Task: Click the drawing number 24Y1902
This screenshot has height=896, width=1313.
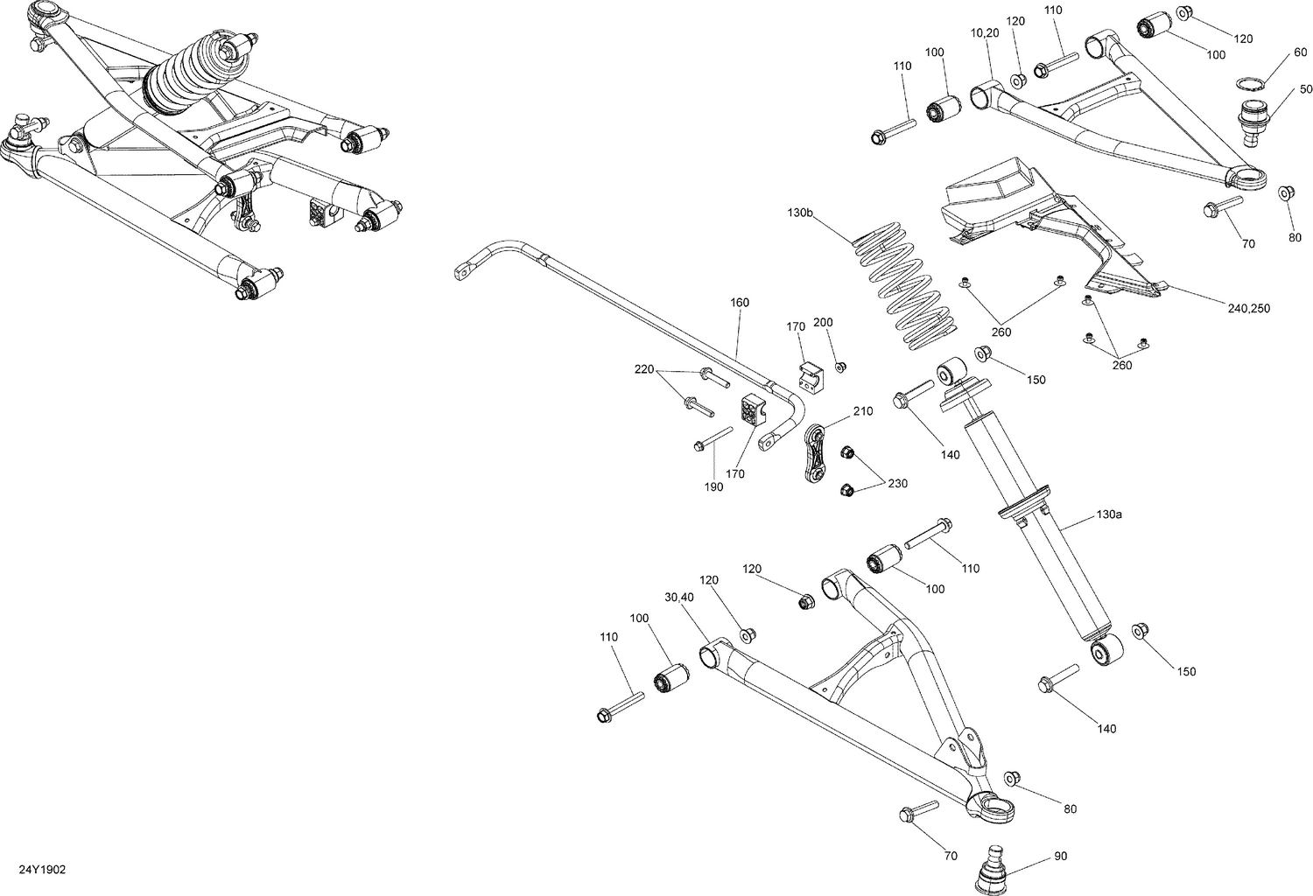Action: point(42,871)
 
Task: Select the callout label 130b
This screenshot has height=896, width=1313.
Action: point(800,213)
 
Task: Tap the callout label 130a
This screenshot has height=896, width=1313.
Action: point(1108,514)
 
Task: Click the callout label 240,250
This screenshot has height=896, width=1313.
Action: point(1248,308)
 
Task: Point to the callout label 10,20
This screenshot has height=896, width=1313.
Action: point(984,32)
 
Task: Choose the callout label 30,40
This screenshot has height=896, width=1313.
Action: point(678,598)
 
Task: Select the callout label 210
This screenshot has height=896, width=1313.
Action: point(862,411)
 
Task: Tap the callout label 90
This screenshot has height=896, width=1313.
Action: point(1061,856)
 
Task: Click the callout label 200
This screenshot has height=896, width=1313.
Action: point(823,323)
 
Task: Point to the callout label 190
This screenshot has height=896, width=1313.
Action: point(713,486)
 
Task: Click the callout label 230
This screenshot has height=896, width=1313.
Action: point(897,483)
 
